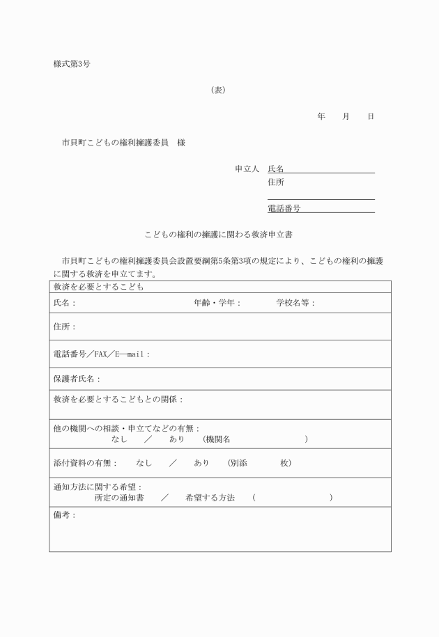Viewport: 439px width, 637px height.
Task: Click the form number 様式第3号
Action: pyautogui.click(x=71, y=63)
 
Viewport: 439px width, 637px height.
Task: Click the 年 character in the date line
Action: pyautogui.click(x=321, y=116)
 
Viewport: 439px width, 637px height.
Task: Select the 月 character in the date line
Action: pyautogui.click(x=346, y=116)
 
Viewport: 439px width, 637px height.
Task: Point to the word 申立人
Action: pyautogui.click(x=247, y=168)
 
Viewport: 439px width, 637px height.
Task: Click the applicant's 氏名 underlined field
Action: pyautogui.click(x=321, y=168)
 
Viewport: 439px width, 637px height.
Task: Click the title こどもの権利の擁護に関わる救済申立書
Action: pyautogui.click(x=222, y=234)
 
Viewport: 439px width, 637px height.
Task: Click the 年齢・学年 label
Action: pyautogui.click(x=217, y=304)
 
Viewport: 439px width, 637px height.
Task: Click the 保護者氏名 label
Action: pyautogui.click(x=77, y=379)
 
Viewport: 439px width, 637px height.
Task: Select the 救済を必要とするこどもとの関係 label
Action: pyautogui.click(x=118, y=400)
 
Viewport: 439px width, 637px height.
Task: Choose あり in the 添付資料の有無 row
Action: pyautogui.click(x=201, y=463)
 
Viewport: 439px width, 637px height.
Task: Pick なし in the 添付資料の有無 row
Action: pyautogui.click(x=144, y=463)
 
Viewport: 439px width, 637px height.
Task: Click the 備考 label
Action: pyautogui.click(x=64, y=515)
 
